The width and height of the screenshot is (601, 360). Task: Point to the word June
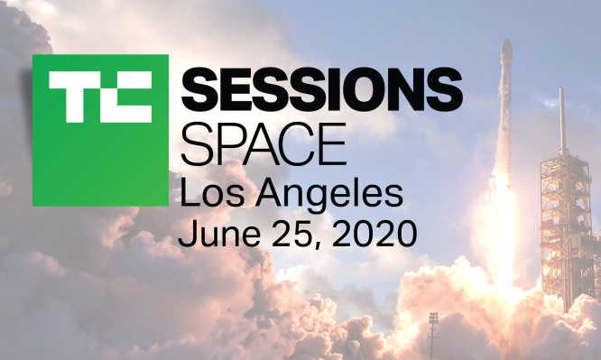(217, 235)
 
